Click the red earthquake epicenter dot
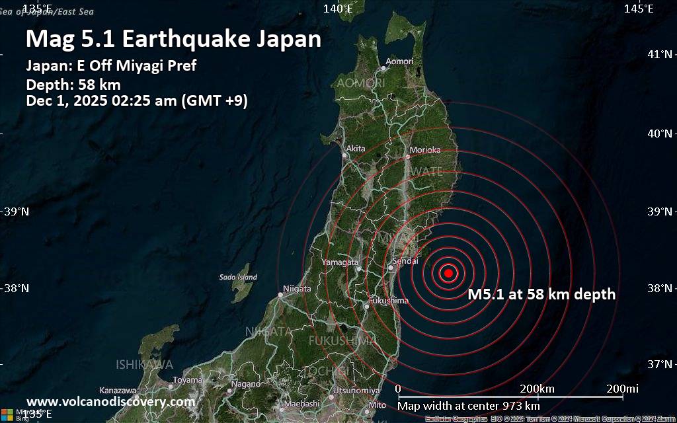click(x=449, y=273)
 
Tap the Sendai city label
click(x=405, y=262)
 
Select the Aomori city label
click(x=399, y=61)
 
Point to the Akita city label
click(x=356, y=149)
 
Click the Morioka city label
click(x=425, y=150)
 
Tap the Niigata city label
click(x=297, y=288)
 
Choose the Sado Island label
click(x=238, y=277)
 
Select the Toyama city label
click(x=188, y=380)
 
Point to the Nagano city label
click(x=246, y=384)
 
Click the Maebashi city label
click(x=303, y=403)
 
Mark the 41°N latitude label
click(x=660, y=54)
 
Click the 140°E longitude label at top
click(x=338, y=9)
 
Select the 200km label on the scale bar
click(x=537, y=388)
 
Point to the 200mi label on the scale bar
click(x=623, y=388)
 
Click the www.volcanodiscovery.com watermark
click(x=110, y=401)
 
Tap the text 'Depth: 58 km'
click(x=73, y=85)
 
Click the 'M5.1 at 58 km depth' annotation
click(x=541, y=295)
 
